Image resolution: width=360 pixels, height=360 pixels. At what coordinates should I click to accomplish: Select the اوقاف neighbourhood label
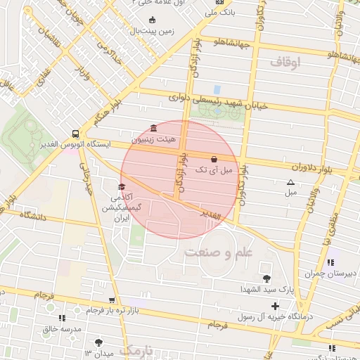(284, 63)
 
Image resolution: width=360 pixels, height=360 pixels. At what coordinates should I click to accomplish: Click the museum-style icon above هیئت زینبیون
(154, 128)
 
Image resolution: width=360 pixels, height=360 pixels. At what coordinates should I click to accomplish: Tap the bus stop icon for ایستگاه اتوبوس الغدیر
(75, 133)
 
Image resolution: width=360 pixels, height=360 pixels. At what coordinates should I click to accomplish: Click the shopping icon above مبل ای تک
(214, 159)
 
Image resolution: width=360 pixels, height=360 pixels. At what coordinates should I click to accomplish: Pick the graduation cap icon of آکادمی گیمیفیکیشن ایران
(122, 187)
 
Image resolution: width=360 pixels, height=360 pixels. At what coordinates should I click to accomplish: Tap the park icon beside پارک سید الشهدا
(266, 278)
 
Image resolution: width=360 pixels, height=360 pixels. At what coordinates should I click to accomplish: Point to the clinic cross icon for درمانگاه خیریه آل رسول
(275, 305)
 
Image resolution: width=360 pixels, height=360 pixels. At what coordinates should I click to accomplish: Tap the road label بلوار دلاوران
(308, 168)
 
